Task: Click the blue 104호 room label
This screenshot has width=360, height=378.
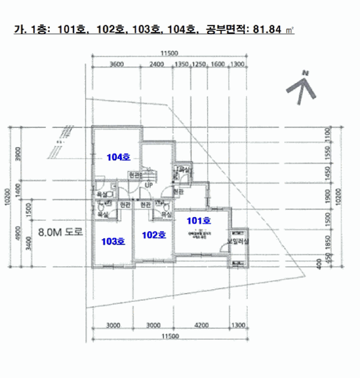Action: click(x=118, y=157)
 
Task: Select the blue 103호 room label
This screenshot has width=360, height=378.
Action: click(x=113, y=241)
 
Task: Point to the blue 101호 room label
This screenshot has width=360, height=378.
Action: click(x=198, y=220)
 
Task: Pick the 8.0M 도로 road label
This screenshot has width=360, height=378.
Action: click(x=60, y=233)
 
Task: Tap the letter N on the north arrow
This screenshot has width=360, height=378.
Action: click(x=305, y=72)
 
